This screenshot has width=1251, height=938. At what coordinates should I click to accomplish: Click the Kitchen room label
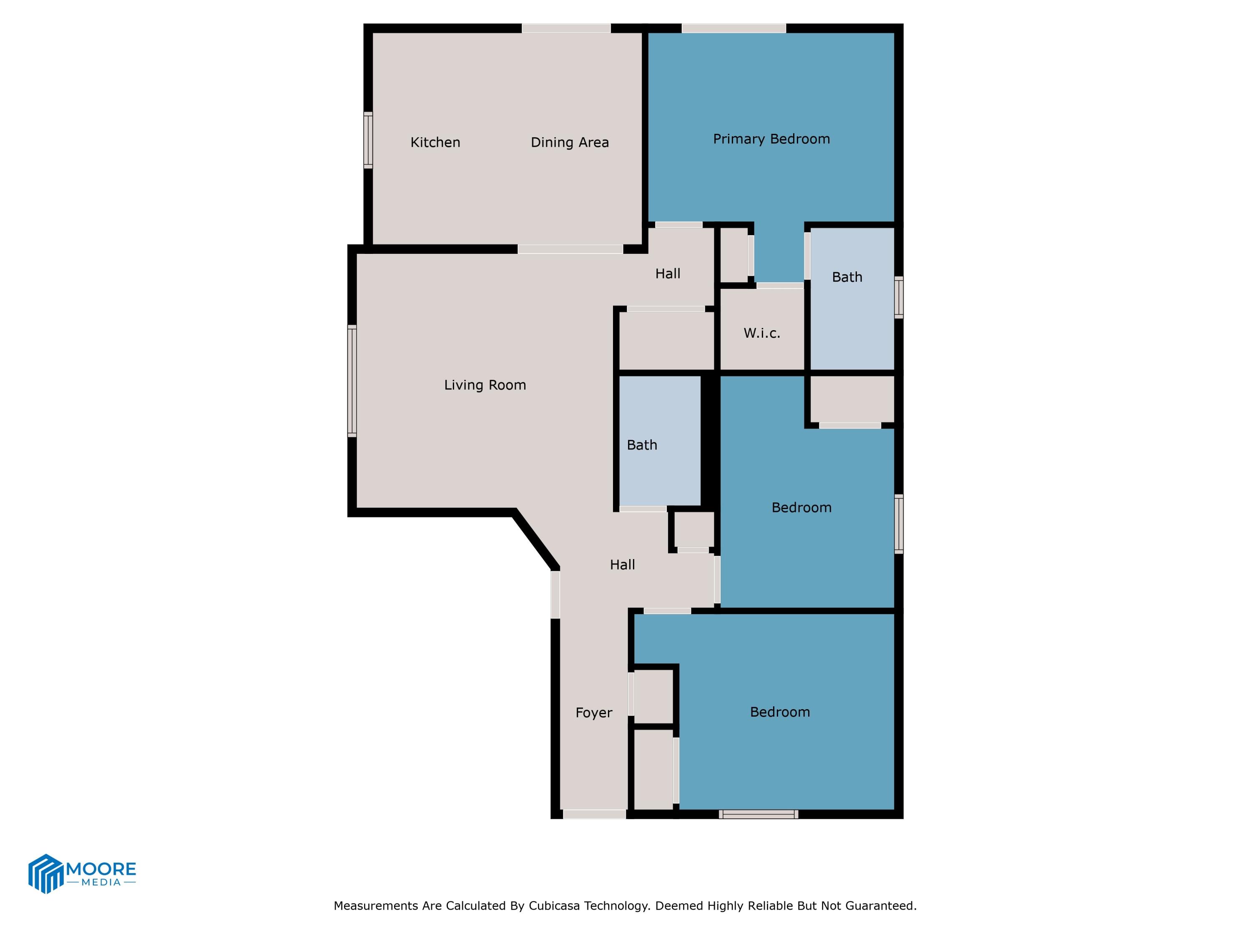[435, 143]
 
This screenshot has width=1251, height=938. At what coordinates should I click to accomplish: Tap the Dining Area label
[570, 143]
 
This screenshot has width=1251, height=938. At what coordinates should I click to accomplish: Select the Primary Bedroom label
[771, 139]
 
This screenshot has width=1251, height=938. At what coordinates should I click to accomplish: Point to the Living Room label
[485, 385]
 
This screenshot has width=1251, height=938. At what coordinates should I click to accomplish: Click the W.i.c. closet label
[761, 333]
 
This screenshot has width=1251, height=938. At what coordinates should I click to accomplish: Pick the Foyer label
[593, 712]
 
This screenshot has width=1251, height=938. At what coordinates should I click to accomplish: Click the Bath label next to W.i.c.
[847, 277]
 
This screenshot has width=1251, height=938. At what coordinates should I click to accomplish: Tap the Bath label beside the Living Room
[642, 445]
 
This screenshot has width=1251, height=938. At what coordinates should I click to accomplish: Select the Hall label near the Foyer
[622, 564]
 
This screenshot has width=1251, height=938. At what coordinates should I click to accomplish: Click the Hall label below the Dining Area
[667, 273]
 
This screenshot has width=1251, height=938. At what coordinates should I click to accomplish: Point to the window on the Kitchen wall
[368, 140]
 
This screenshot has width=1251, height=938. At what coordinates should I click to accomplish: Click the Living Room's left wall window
[352, 381]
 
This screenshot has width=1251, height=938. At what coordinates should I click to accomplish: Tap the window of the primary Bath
[898, 297]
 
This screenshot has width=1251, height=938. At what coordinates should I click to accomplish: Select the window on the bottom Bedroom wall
[759, 814]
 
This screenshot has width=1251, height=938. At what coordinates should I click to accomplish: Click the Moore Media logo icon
[45, 873]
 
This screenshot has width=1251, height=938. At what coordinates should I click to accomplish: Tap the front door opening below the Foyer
[594, 814]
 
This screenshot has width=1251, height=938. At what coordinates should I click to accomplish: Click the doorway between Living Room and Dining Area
[570, 249]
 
